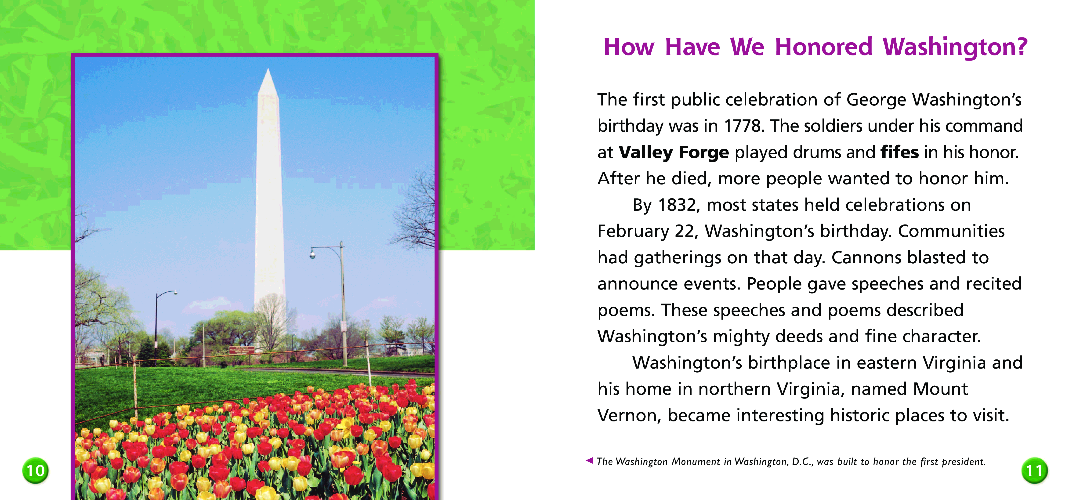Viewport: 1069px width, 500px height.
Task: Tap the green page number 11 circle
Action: (x=1035, y=471)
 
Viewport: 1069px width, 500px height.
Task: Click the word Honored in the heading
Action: (x=824, y=47)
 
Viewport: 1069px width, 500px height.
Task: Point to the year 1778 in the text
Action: (x=744, y=126)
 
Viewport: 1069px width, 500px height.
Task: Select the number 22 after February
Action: (x=684, y=231)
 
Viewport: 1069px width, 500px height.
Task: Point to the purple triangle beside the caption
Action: (x=589, y=460)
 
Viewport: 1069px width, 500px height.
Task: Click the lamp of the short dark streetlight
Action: (x=176, y=293)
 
